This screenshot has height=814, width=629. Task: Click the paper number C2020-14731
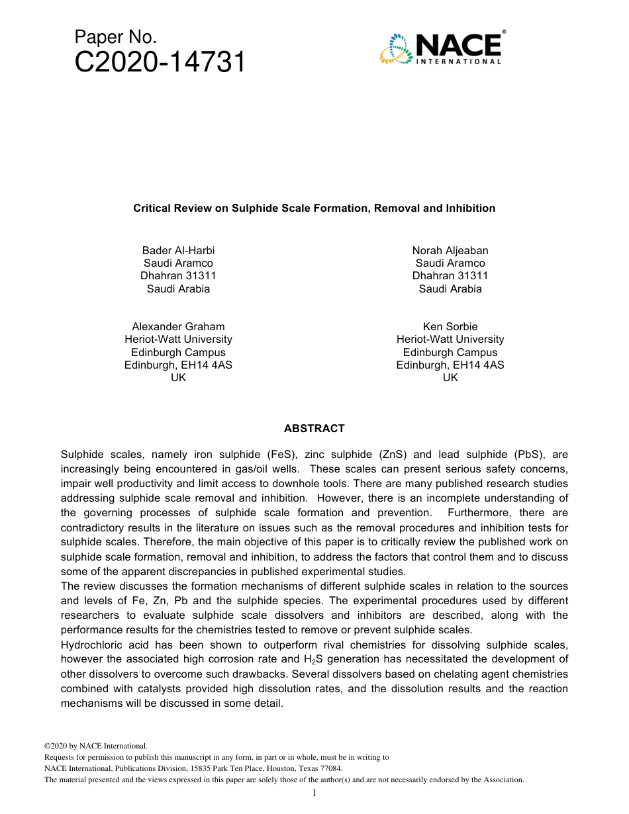(x=160, y=63)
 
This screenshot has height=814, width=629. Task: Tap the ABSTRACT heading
(x=314, y=428)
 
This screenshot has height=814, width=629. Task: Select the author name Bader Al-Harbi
(x=178, y=250)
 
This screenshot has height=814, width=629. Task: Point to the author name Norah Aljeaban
(x=450, y=250)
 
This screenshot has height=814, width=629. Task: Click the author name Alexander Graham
(x=178, y=326)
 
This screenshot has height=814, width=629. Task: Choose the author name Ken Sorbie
(x=450, y=326)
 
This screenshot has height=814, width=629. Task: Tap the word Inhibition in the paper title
(x=471, y=208)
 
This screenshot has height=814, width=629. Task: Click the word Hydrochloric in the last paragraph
(x=91, y=645)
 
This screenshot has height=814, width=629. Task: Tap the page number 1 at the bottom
(x=314, y=793)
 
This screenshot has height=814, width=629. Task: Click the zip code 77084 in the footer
(x=330, y=768)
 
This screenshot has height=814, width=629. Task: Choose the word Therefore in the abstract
(x=151, y=542)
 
